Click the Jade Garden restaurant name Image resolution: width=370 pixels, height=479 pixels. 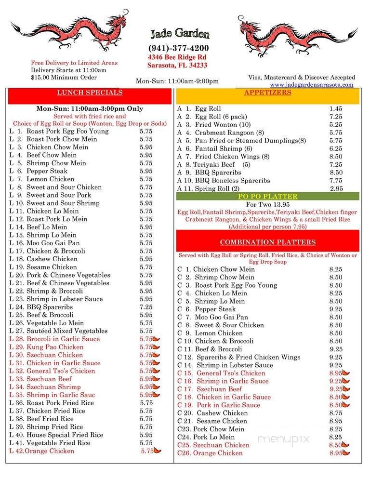180,34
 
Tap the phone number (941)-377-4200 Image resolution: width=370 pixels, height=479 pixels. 178,48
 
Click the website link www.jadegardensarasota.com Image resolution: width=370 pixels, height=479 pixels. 311,84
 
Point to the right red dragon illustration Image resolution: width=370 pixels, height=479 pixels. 297,34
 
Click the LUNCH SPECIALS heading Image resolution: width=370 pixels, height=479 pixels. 90,93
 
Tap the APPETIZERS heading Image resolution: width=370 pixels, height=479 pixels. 267,93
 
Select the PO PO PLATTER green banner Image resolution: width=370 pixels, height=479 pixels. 267,196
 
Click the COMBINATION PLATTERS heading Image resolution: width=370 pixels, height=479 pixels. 267,242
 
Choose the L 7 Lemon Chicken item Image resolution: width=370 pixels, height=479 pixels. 50,179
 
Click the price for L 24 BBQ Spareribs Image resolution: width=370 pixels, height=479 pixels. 146,307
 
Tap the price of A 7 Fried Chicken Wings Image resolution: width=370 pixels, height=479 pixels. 336,157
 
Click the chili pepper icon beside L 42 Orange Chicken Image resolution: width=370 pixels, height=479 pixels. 158,452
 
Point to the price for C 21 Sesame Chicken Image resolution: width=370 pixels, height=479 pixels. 336,421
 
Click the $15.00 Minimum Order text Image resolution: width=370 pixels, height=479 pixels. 64,77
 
